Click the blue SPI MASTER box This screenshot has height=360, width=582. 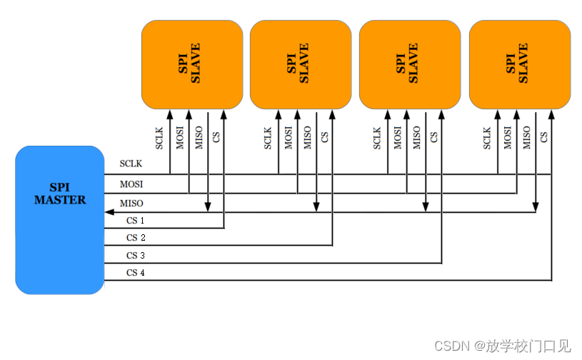tap(60, 220)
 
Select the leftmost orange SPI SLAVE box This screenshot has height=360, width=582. tap(191, 64)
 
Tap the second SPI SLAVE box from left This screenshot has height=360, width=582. tap(300, 64)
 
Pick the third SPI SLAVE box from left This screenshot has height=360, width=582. tap(409, 64)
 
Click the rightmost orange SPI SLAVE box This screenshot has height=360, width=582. tap(519, 64)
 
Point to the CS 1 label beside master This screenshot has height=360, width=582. tap(136, 221)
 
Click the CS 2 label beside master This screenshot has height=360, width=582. tap(136, 238)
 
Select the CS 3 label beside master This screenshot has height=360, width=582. tap(136, 256)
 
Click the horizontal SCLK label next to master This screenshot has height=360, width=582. tap(131, 164)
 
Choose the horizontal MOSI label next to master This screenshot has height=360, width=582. tap(131, 184)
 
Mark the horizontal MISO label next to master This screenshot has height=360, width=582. tap(131, 204)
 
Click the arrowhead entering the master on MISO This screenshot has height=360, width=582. tap(109, 211)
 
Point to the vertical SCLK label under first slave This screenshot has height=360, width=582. tap(160, 138)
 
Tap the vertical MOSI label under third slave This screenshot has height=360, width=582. tap(398, 138)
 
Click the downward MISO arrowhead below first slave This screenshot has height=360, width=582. tap(208, 207)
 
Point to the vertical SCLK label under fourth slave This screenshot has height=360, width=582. tap(488, 138)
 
